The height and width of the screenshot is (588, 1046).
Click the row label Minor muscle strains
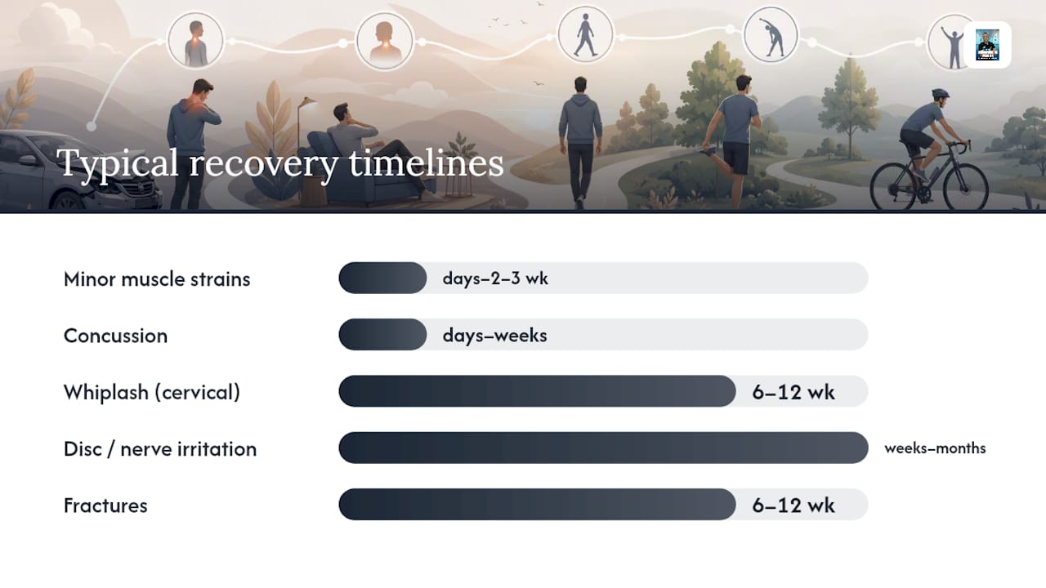coord(157,279)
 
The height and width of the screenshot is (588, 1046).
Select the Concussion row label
coord(115,336)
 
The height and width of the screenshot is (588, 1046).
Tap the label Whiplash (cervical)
coord(152,393)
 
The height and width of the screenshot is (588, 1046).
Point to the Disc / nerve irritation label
coord(160,449)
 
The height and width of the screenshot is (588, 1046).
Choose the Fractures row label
coord(105,506)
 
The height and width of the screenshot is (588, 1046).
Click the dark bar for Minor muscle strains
coord(382,278)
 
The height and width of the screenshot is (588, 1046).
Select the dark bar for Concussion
coord(382,335)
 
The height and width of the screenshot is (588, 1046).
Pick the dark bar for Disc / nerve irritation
coord(603,448)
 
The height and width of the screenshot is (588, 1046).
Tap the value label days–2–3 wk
coord(495,278)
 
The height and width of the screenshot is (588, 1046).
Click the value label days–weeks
coord(494,335)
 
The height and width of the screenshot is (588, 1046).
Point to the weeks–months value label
coord(935,448)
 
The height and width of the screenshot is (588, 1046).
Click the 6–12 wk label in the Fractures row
coord(793,506)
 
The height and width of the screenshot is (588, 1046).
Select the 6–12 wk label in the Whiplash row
coord(793,392)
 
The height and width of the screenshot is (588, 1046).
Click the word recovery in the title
coord(263,164)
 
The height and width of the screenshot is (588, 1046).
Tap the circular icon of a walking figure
coord(586,35)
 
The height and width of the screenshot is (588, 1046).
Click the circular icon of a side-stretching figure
coord(771,35)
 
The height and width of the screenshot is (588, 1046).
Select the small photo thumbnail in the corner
coord(987,45)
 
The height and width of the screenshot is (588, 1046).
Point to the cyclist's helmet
coord(940,93)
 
